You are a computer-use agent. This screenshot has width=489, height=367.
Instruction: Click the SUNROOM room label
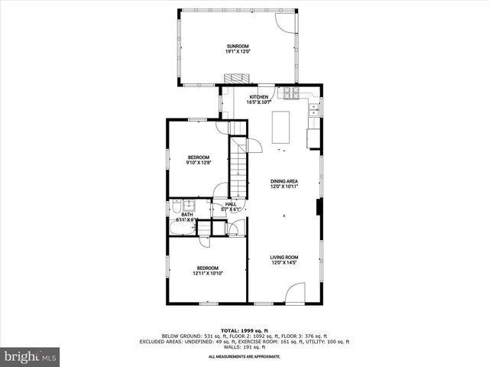[x=237, y=49]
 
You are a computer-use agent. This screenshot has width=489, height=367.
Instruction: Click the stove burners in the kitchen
[x=291, y=94]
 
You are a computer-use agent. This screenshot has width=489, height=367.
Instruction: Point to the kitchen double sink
[x=315, y=113]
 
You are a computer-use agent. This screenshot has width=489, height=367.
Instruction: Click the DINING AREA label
[x=283, y=183]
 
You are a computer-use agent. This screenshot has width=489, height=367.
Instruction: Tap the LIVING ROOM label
[x=283, y=260]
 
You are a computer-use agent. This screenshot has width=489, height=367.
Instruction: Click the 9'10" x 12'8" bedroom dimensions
[x=198, y=162]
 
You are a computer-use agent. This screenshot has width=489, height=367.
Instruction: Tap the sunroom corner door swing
[x=284, y=21]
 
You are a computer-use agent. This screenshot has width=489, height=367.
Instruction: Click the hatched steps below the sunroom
[x=237, y=79]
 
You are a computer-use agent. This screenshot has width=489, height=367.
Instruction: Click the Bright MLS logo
[x=30, y=357]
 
